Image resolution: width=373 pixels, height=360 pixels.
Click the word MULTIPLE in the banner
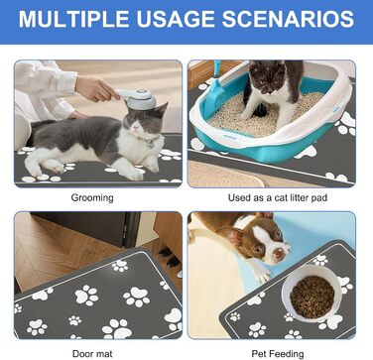[73, 19]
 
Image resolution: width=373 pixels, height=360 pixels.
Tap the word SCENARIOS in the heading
[289, 19]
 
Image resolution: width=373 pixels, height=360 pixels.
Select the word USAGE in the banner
[176, 19]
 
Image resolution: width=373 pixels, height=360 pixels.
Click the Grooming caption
[92, 198]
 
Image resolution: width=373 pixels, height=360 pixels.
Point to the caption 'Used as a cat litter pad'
[278, 198]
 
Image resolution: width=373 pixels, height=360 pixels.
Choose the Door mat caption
[92, 354]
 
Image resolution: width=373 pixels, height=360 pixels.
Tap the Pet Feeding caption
[278, 354]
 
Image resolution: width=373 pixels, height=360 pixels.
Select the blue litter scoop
[213, 91]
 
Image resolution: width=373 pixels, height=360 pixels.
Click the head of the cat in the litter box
[267, 77]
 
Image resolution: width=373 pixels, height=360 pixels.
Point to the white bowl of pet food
[311, 294]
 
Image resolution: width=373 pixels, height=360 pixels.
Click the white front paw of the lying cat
[135, 174]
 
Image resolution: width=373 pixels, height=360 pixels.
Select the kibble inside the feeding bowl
[311, 297]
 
